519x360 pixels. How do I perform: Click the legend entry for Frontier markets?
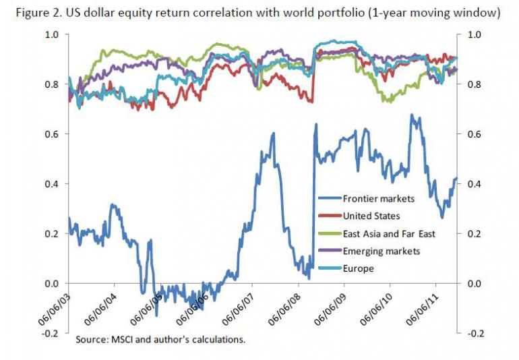point(378,198)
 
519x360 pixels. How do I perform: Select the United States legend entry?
point(371,216)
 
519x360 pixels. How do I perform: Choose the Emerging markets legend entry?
point(381,251)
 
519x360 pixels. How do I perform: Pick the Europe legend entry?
point(358,268)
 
